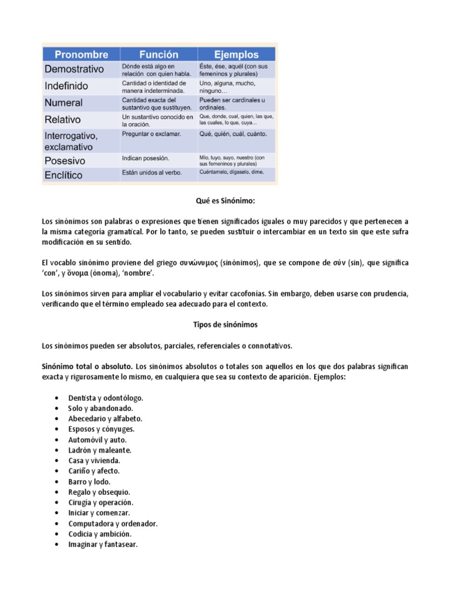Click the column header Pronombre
pos(81,55)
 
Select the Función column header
pos(159,55)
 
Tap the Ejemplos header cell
pos(237,55)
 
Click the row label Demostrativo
pos(74,69)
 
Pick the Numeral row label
pos(63,103)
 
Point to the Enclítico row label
pos(63,175)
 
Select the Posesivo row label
pos(65,160)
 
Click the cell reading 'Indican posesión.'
pos(146,158)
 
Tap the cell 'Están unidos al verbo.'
pos(152,173)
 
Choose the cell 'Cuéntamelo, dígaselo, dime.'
pos(231,173)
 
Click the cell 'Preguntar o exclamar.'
pos(152,134)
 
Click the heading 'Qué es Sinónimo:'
pos(225,201)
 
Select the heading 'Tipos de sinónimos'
pos(225,324)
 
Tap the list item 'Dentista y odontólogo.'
pos(106,398)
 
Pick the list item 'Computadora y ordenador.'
pos(113,524)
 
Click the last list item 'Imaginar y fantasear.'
pos(103,545)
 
